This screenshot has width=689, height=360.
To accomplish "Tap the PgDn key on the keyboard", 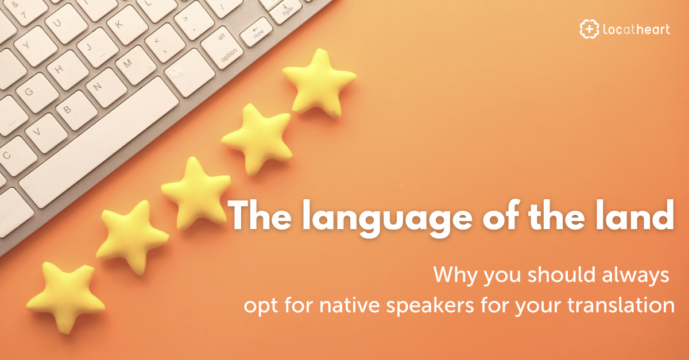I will [285, 11].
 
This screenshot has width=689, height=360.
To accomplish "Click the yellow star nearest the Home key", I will [318, 82].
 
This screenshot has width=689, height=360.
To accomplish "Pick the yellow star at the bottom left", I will [64, 295].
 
